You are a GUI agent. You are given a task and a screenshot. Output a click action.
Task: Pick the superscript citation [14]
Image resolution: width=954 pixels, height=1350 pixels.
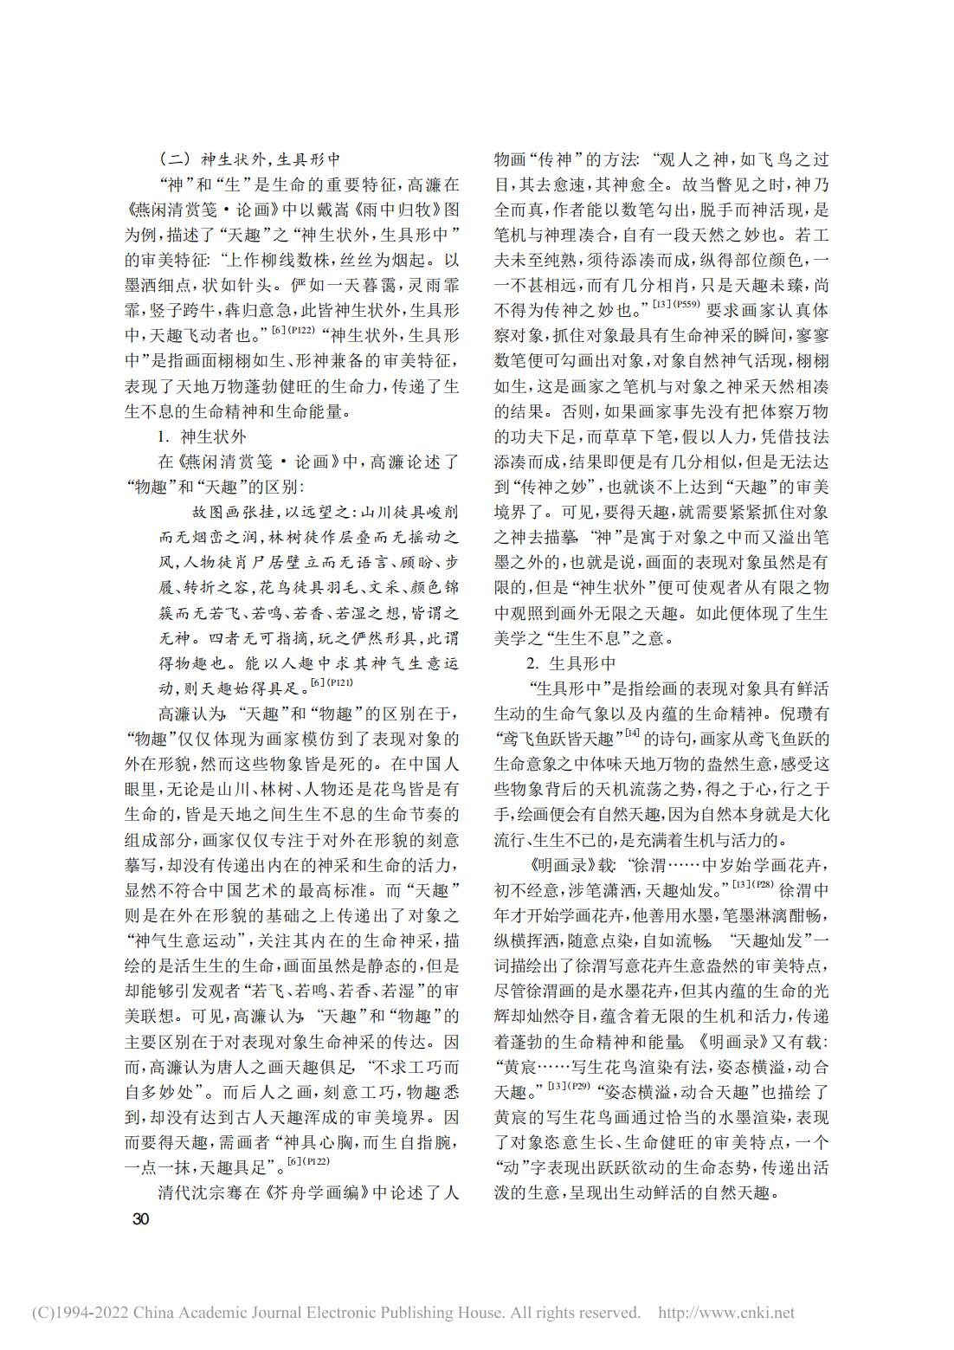pyautogui.click(x=633, y=734)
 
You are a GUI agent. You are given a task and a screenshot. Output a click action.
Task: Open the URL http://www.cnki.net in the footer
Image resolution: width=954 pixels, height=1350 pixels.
pyautogui.click(x=726, y=1313)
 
